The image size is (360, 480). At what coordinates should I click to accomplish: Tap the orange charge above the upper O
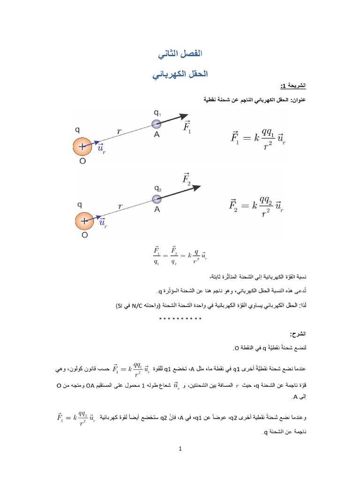(83, 146)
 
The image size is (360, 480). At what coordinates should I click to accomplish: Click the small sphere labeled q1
(157, 124)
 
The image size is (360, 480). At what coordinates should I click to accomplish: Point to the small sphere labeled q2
(157, 199)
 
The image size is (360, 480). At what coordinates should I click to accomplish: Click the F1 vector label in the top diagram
(187, 127)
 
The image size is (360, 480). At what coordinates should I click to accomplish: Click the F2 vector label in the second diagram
(187, 179)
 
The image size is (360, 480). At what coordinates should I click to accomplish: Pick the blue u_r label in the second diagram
(103, 223)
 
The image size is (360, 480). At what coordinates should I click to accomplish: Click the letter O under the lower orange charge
(84, 236)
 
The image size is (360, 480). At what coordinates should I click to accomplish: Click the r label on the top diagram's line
(120, 132)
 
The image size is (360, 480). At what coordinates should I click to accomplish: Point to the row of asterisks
(180, 319)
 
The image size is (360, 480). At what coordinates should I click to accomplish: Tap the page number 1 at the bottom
(180, 449)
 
